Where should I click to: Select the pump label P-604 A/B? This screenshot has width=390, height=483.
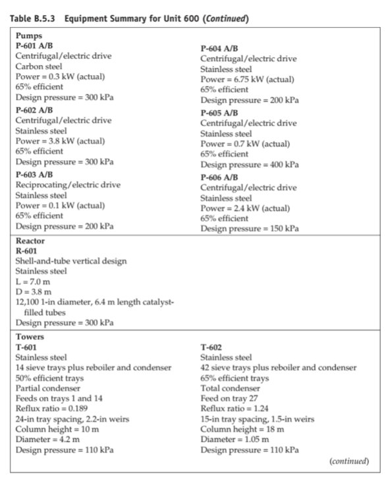(x=224, y=49)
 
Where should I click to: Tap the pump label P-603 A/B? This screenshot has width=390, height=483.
(x=40, y=175)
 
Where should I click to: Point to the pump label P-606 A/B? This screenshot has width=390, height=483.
(x=224, y=177)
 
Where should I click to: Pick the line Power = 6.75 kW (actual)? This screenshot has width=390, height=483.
(x=247, y=80)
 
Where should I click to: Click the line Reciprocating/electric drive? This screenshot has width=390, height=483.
(x=68, y=185)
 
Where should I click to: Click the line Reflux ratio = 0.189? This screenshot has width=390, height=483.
(x=55, y=398)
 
